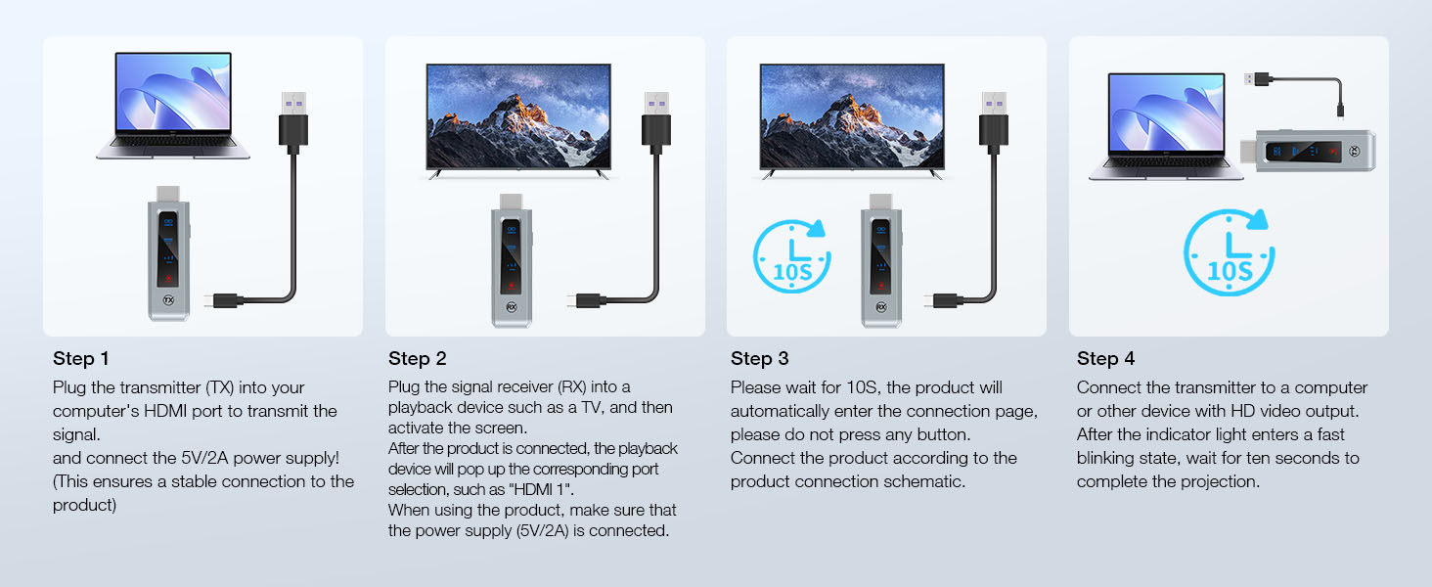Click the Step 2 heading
click(x=417, y=358)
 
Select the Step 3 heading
click(x=759, y=358)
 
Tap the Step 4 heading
click(x=1105, y=358)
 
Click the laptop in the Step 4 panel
click(x=1166, y=126)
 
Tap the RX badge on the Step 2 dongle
click(x=511, y=305)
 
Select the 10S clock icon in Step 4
click(x=1229, y=254)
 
